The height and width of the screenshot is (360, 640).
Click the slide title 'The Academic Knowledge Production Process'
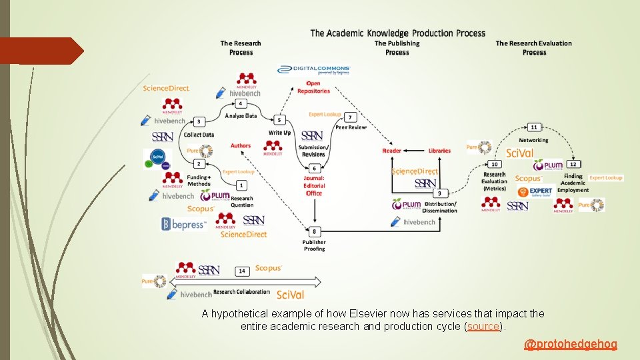pos(397,33)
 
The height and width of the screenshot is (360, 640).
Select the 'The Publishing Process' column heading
pos(397,48)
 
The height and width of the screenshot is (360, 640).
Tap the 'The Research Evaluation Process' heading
pos(534,48)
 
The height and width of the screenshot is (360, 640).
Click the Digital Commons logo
pos(314,69)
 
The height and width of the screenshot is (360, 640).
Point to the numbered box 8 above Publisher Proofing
pos(315,231)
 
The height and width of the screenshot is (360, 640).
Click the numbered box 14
pos(242,271)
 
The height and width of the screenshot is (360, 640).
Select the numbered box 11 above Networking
pos(533,127)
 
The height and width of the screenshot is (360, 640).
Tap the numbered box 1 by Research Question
pos(241,185)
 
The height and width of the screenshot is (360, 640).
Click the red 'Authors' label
pos(241,146)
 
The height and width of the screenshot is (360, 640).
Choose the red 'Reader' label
pos(392,151)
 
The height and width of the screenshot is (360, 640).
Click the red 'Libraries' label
pos(439,151)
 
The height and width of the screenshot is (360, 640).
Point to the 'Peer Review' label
pos(351,127)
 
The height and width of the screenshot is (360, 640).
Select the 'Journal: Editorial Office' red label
pos(314,186)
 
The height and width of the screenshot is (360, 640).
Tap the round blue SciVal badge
pos(158,158)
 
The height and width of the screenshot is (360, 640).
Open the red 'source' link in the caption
pos(483,327)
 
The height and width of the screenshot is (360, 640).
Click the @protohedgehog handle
pos(571,344)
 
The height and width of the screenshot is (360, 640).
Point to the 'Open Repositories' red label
pos(313,87)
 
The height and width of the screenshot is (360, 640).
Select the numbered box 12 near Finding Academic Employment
pos(573,164)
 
